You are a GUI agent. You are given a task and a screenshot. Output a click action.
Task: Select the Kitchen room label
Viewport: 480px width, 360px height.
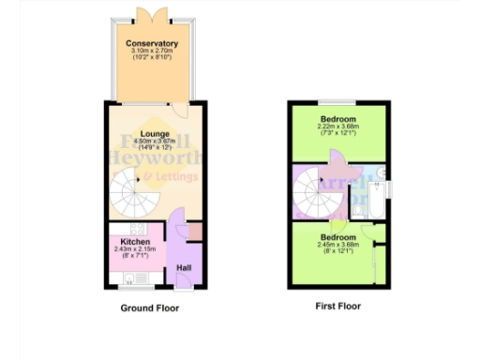(135, 242)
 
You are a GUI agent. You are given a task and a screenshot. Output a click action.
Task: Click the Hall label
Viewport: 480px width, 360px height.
(184, 269)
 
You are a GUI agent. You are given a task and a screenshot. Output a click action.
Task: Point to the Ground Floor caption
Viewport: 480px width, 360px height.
(149, 307)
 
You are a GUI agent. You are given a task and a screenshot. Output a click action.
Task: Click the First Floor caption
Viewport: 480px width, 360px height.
(337, 306)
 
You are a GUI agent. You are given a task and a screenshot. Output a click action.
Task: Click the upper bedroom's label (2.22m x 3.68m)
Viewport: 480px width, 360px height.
(337, 120)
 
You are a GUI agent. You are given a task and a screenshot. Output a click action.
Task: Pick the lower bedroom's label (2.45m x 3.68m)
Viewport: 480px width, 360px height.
(337, 238)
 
